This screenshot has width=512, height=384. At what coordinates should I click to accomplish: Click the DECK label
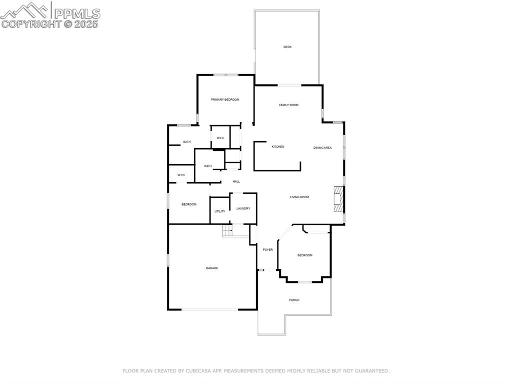click(x=287, y=47)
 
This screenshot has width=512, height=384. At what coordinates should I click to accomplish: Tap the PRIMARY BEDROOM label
click(x=225, y=100)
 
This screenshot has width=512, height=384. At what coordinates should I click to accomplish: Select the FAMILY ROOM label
click(x=288, y=105)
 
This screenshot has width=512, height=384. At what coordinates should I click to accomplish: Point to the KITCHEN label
click(x=278, y=147)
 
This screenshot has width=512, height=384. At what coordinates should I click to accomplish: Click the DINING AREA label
click(x=322, y=148)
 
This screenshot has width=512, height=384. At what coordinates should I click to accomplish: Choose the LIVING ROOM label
click(x=299, y=197)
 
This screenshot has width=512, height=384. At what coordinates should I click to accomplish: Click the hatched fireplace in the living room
click(x=339, y=200)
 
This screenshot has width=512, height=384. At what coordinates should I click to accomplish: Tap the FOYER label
click(x=268, y=249)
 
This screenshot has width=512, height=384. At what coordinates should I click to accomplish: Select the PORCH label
click(x=294, y=300)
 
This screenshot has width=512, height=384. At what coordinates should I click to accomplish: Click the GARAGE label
click(x=212, y=268)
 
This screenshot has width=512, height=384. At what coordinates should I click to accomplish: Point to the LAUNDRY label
click(x=243, y=209)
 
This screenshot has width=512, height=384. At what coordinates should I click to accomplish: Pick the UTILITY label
click(x=219, y=211)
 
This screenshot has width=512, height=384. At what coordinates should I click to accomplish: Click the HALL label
click(x=236, y=181)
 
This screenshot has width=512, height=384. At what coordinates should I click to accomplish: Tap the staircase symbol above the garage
click(x=228, y=231)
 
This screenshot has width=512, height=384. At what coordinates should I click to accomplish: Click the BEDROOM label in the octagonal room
click(x=305, y=255)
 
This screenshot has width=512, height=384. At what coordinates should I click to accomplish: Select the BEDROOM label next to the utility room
click(x=188, y=204)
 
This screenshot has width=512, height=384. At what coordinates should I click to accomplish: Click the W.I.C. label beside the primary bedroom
click(x=220, y=138)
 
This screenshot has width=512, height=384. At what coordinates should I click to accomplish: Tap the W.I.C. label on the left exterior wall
click(x=181, y=175)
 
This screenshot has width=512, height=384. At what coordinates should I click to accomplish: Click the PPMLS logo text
click(x=76, y=14)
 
